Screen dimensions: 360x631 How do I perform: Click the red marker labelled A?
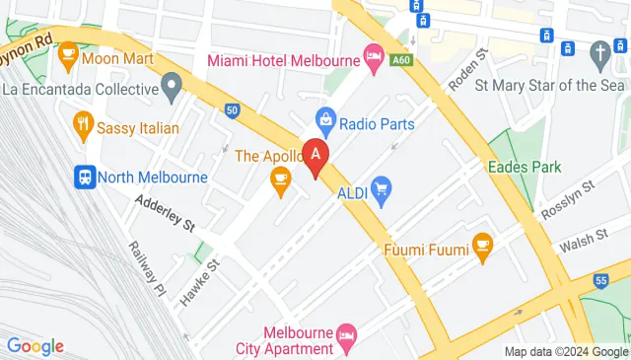[315, 156]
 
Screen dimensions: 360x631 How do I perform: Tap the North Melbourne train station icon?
[85, 178]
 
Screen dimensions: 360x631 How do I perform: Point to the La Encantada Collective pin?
[172, 88]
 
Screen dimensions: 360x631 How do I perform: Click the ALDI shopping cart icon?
[382, 185]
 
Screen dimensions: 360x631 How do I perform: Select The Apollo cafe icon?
[280, 179]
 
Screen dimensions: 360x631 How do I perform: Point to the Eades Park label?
[525, 167]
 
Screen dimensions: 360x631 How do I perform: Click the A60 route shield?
[401, 59]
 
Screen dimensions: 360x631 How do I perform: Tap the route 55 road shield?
[601, 281]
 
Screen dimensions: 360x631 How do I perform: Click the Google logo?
[35, 346]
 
